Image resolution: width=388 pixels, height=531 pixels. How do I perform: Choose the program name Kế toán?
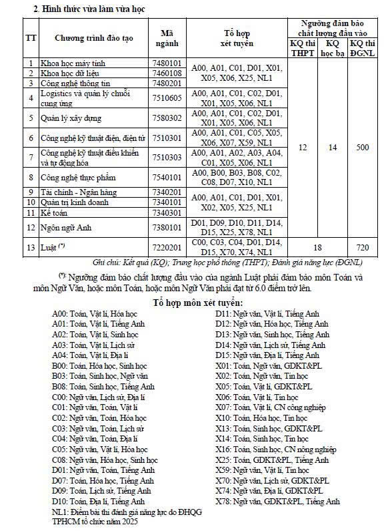56,212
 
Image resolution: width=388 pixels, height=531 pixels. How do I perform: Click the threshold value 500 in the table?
362,147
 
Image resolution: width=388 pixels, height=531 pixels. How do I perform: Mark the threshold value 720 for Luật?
362,247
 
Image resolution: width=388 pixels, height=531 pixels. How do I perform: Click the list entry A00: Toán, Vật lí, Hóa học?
95,313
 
